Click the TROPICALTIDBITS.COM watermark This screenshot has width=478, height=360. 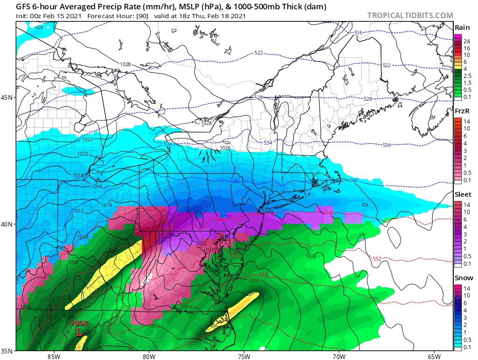click(410, 15)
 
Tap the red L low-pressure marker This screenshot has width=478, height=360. click(79, 332)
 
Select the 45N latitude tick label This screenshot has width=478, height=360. click(7, 97)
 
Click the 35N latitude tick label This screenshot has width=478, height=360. click(7, 350)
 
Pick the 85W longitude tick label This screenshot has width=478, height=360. click(54, 356)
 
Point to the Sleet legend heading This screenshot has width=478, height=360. click(463, 194)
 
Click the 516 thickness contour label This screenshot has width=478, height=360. click(358, 33)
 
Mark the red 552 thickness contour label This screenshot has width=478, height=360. click(377, 259)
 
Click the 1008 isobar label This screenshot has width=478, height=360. click(73, 262)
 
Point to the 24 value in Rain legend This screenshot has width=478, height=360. click(466, 42)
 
